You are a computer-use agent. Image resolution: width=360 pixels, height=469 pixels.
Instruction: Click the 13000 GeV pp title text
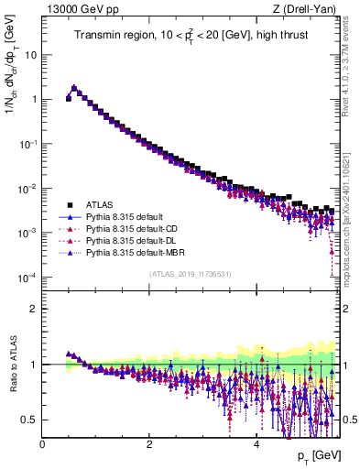tap(77, 9)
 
